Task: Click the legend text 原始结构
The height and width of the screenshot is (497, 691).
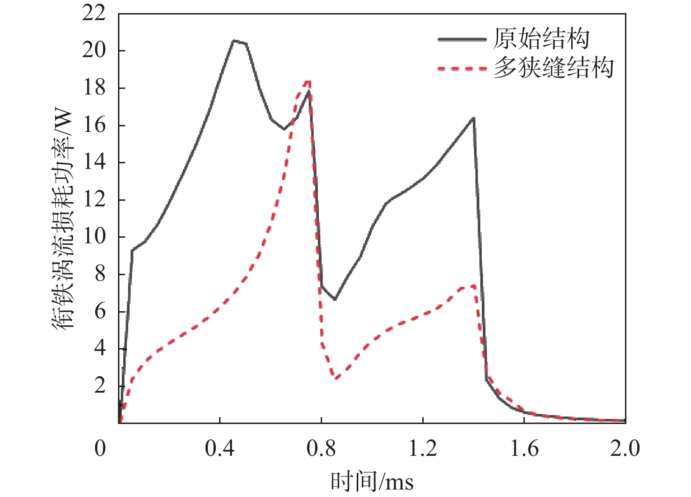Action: click(541, 38)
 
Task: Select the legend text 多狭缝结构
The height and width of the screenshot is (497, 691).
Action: click(553, 68)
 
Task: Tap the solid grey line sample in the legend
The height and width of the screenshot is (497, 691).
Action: click(462, 39)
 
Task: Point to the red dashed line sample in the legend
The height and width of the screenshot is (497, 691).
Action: click(462, 69)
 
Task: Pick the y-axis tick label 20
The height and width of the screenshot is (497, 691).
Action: click(94, 51)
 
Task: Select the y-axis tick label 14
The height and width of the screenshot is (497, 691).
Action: click(94, 162)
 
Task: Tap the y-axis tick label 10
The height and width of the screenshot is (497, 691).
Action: click(94, 237)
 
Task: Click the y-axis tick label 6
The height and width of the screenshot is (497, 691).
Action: click(100, 311)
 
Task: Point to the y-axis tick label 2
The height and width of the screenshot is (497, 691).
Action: click(100, 386)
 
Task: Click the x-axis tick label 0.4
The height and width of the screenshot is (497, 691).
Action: click(220, 448)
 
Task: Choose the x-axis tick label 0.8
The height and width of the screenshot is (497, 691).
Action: click(321, 448)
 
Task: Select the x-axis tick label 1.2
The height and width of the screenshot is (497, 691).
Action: click(423, 448)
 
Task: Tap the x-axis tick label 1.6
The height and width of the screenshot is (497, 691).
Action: click(524, 448)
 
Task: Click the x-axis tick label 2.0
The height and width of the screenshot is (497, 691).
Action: click(625, 448)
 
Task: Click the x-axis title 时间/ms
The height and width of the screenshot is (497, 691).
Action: click(372, 481)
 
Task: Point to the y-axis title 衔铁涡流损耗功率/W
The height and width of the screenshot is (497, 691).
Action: click(63, 220)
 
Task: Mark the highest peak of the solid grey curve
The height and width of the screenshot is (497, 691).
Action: click(234, 41)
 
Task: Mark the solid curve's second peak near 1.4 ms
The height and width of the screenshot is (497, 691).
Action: click(473, 118)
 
